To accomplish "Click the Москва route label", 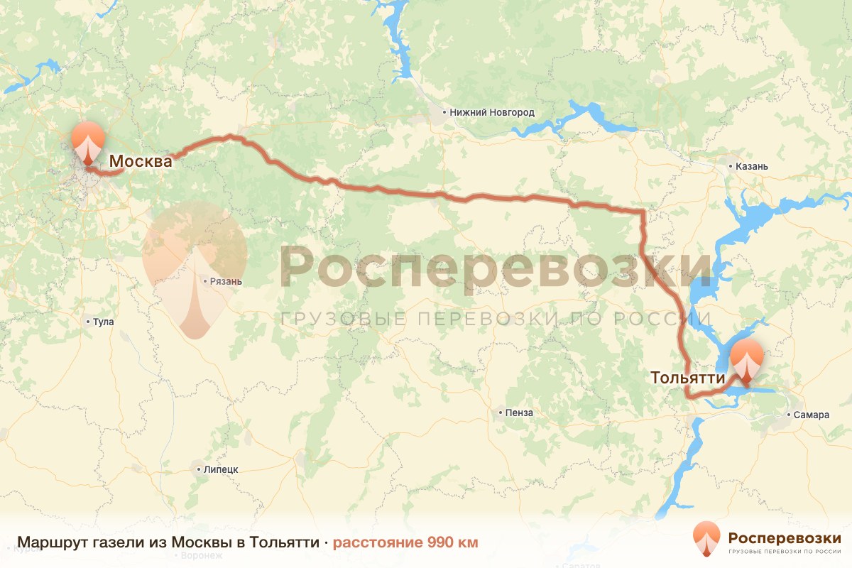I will pos(141,161).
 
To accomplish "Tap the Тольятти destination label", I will pos(688,378).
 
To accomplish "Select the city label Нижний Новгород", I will pos(492,112).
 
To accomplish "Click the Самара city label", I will pos(812,415).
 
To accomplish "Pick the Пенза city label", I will pos(520,413).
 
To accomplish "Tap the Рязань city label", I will pos(226,281).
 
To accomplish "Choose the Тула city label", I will pos(104,322).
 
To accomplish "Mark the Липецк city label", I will pos(220,469).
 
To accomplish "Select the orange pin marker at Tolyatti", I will pos(746,361).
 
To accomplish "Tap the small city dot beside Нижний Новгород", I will pos(444,112).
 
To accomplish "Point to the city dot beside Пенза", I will pos(501,413).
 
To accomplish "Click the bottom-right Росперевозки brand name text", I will pos(785,537).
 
